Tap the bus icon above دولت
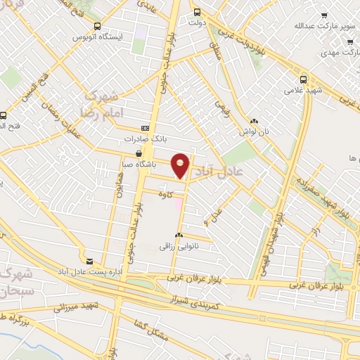tap(196, 12)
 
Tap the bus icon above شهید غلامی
tap(304, 79)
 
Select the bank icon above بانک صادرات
tap(145, 128)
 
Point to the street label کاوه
tap(166, 193)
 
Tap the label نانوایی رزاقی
tap(175, 247)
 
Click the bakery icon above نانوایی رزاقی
tap(179, 236)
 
